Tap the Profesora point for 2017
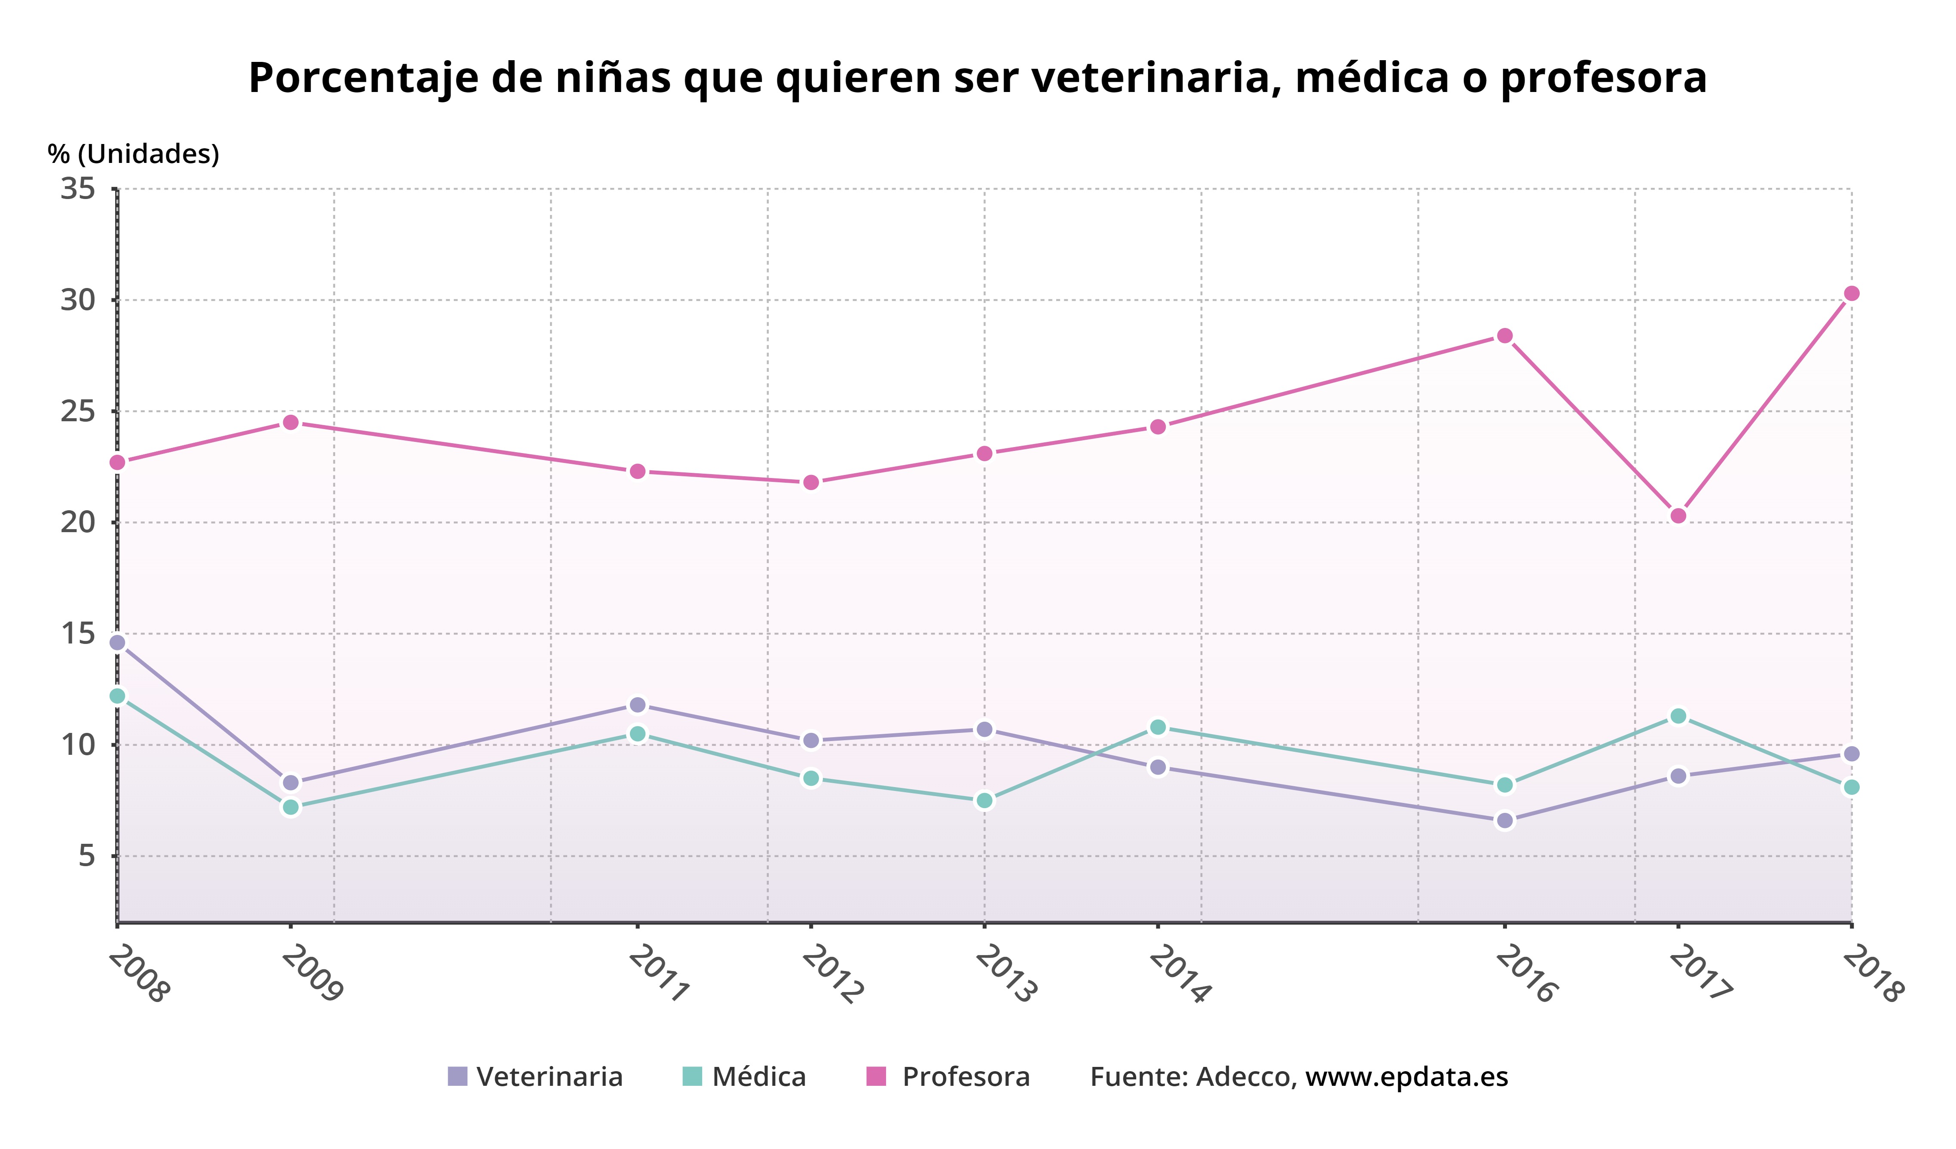coord(1678,515)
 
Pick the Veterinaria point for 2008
coord(117,643)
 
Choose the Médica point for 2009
coord(291,807)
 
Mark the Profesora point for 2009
coord(291,423)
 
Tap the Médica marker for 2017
coord(1678,716)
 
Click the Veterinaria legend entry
coord(535,1077)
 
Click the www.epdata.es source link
coord(1406,1077)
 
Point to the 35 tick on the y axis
coord(78,189)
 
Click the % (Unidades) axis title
coord(134,154)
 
